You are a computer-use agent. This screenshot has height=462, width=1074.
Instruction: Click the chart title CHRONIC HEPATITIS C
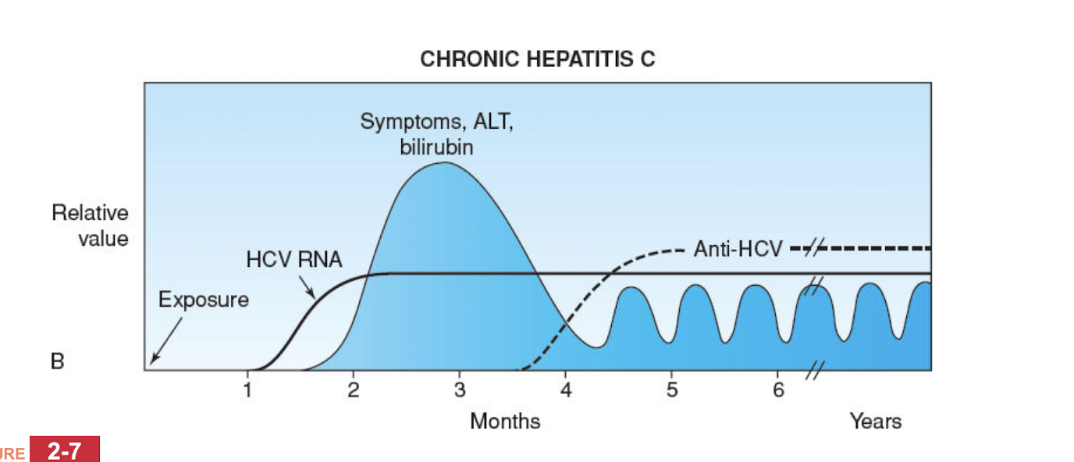[x=537, y=59]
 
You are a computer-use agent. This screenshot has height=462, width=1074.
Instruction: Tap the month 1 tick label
[x=247, y=389]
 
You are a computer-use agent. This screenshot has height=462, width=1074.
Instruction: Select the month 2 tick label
[x=354, y=389]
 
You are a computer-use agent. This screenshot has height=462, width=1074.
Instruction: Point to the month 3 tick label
[x=460, y=389]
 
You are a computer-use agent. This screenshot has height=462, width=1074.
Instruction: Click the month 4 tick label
[x=566, y=389]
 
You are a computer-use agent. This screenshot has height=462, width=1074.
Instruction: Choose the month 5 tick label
[x=672, y=389]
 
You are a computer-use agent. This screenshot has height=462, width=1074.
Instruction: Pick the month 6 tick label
[x=778, y=389]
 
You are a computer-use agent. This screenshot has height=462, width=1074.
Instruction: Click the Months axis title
[x=504, y=421]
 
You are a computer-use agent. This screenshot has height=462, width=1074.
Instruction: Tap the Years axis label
[x=875, y=421]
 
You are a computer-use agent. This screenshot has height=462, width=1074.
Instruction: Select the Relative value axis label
[x=91, y=226]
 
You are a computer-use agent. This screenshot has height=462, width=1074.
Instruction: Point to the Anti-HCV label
[x=738, y=249]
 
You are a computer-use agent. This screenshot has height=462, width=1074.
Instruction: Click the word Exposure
[x=204, y=300]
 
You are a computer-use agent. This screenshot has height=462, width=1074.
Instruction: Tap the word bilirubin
[x=436, y=147]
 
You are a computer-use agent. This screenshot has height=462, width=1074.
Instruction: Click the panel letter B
[x=57, y=362]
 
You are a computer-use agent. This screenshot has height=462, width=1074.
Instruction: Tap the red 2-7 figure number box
[x=65, y=450]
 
